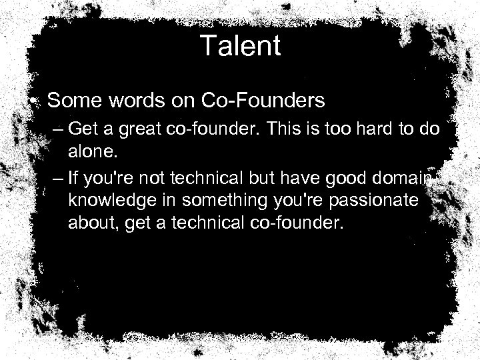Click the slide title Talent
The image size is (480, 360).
(x=240, y=47)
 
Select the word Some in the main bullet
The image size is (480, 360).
(x=69, y=101)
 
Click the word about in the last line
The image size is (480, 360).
(x=89, y=223)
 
